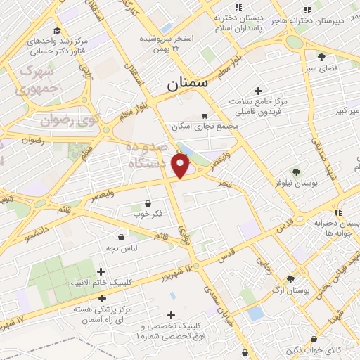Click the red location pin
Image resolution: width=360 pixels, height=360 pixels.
point(181,165)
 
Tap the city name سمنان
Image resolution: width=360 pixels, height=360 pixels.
point(188,84)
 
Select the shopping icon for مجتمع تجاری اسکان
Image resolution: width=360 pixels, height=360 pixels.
point(205,115)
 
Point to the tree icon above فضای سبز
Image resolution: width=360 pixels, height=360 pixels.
point(321,57)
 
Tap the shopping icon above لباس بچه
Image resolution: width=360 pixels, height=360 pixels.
point(124,237)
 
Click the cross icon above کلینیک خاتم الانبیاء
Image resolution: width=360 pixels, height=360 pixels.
point(101,271)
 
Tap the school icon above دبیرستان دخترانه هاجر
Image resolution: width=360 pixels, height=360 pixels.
point(307,10)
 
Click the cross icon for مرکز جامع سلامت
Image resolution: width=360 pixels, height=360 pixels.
point(259,91)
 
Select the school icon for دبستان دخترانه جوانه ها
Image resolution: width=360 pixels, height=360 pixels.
point(338,212)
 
